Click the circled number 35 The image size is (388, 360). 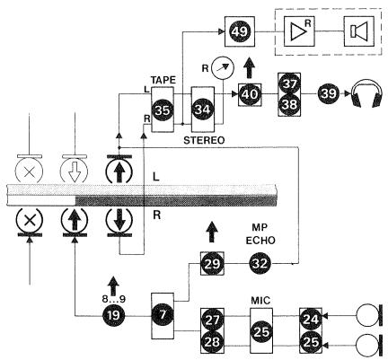click(x=163, y=109)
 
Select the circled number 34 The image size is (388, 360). click(x=203, y=109)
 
